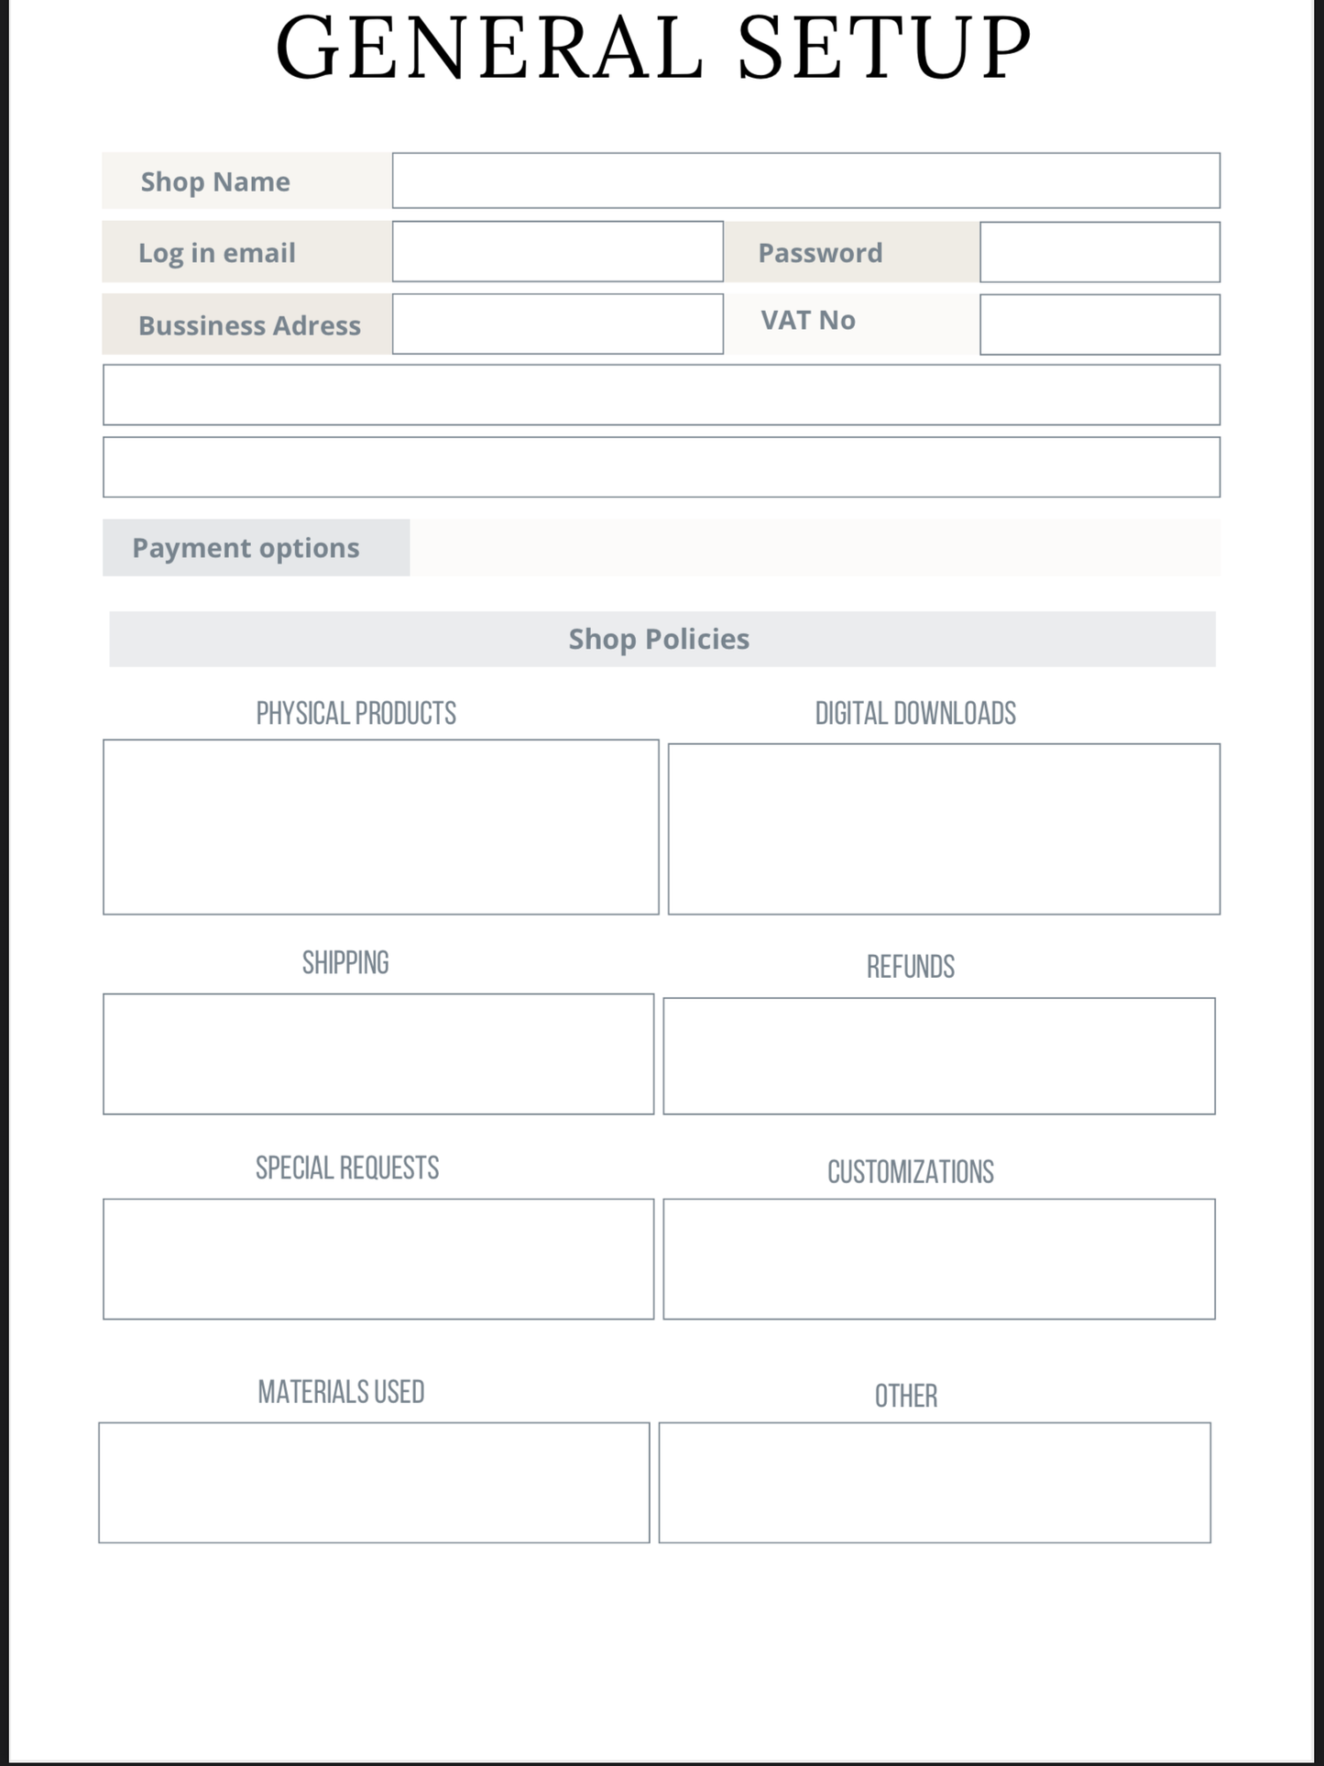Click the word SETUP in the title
click(x=884, y=49)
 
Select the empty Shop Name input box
click(x=805, y=181)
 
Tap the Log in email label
click(x=217, y=253)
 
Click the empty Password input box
click(x=1100, y=252)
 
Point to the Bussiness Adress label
click(x=249, y=325)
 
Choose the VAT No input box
click(x=1100, y=324)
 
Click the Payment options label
click(x=246, y=548)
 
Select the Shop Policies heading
click(x=659, y=639)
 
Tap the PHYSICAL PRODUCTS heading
click(x=356, y=713)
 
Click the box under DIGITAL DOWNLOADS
click(x=944, y=828)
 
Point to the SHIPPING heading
click(x=345, y=962)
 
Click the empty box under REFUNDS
click(x=939, y=1056)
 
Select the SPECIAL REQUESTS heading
click(x=347, y=1168)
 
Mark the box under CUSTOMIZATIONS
click(x=939, y=1258)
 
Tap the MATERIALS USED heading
click(x=341, y=1392)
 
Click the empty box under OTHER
click(x=935, y=1482)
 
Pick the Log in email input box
click(x=557, y=252)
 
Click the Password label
click(x=820, y=253)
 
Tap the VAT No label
click(x=807, y=320)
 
